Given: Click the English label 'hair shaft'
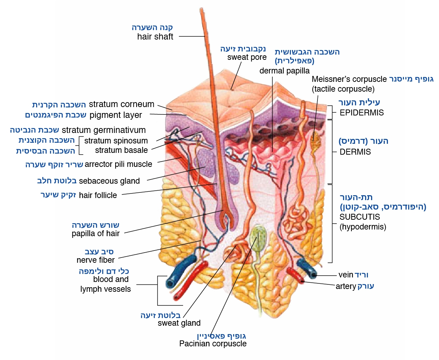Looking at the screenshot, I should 155,37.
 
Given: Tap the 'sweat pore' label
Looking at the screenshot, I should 247,57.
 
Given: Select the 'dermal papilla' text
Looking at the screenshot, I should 284,71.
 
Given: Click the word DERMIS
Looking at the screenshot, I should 355,152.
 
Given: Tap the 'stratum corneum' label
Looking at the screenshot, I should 121,104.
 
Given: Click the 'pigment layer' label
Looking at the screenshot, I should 116,115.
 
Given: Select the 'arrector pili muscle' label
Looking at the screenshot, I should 118,164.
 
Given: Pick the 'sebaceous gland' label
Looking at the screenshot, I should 109,181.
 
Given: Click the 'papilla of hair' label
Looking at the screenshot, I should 96,233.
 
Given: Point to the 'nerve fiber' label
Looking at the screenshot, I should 96,260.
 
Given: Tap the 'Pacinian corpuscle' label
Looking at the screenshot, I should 213,344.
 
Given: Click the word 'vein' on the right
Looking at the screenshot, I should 346,275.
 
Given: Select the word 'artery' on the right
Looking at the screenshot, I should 346,286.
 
